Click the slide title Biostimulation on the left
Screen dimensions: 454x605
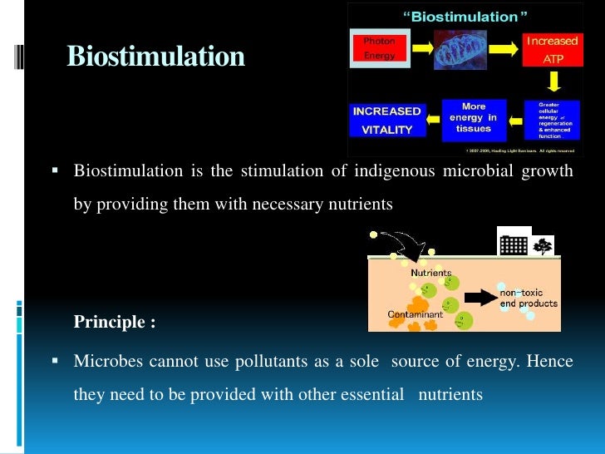[155, 57]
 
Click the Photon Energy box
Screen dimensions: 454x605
[379, 48]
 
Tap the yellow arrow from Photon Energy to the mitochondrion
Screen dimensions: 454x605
[421, 49]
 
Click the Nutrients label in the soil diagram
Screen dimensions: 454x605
[430, 273]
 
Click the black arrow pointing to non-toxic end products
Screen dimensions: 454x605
[479, 297]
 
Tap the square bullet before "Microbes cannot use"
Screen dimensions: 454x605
[55, 362]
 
